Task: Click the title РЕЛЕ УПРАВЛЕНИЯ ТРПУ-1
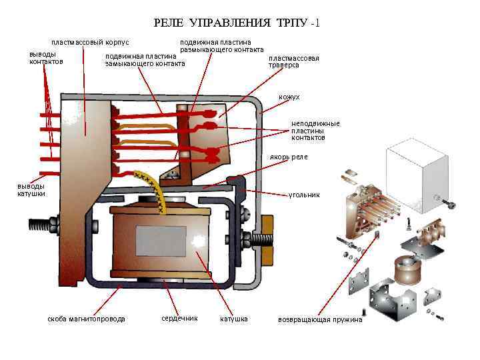point(237,23)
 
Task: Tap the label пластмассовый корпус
point(90,43)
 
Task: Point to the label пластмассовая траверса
point(293,61)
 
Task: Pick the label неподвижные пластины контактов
point(315,131)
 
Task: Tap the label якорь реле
point(289,157)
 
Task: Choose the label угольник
point(304,195)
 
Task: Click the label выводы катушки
point(31,190)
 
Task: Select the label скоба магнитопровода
point(86,319)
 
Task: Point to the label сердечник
point(179,318)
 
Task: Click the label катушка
point(234,319)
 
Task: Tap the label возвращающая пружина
point(320,319)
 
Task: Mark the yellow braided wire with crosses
point(156,190)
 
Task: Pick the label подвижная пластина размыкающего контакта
point(222,46)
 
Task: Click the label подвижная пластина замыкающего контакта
point(145,60)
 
